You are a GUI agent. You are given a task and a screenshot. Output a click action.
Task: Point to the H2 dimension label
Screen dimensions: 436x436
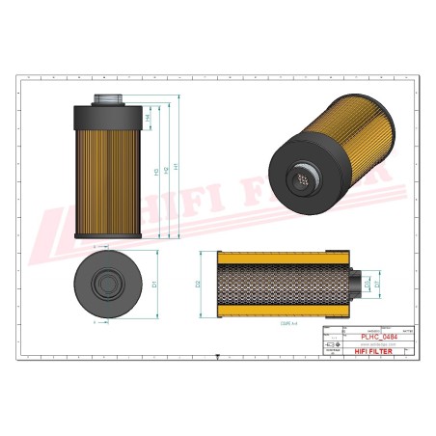click(x=168, y=170)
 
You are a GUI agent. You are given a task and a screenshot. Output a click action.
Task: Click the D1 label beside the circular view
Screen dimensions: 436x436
click(x=154, y=285)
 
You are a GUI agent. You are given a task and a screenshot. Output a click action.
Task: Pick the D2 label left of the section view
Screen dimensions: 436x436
click(x=197, y=284)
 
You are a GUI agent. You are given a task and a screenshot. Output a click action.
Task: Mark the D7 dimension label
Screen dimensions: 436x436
click(x=377, y=284)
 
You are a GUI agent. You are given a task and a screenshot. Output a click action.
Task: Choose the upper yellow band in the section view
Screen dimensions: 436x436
click(x=286, y=259)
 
